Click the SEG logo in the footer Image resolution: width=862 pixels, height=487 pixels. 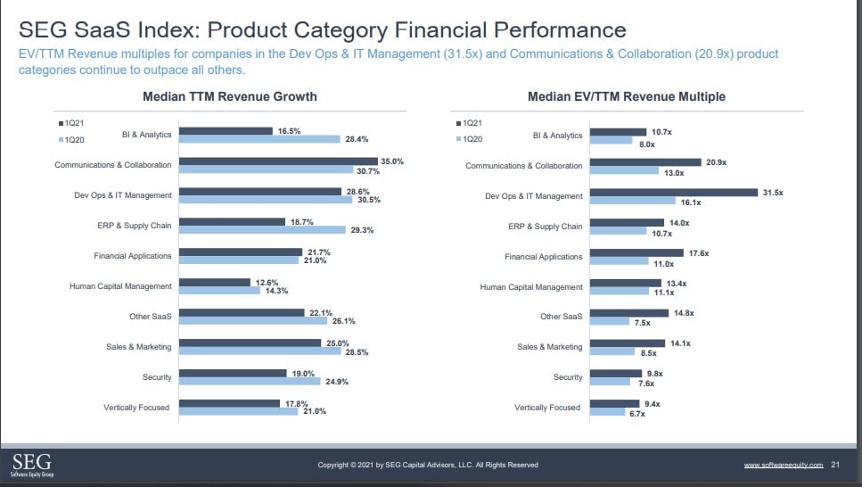tap(31, 465)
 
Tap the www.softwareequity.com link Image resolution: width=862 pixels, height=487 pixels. tap(783, 465)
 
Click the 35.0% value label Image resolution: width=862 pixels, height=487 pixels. tap(392, 161)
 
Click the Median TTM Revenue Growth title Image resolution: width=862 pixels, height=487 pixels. tap(230, 96)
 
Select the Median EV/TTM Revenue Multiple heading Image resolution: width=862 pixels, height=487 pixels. tap(627, 96)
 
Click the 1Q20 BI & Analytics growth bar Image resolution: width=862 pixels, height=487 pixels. tap(259, 139)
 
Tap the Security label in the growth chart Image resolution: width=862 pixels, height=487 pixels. tap(157, 377)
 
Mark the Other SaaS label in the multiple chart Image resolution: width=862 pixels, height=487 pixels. tap(562, 317)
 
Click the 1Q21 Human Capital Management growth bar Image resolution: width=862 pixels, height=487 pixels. tap(215, 282)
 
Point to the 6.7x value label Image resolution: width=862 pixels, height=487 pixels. tap(637, 414)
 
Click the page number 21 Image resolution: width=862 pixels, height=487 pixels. tap(835, 465)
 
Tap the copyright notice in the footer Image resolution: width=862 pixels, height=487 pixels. tap(428, 465)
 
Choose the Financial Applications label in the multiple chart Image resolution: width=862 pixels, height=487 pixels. tap(544, 257)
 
